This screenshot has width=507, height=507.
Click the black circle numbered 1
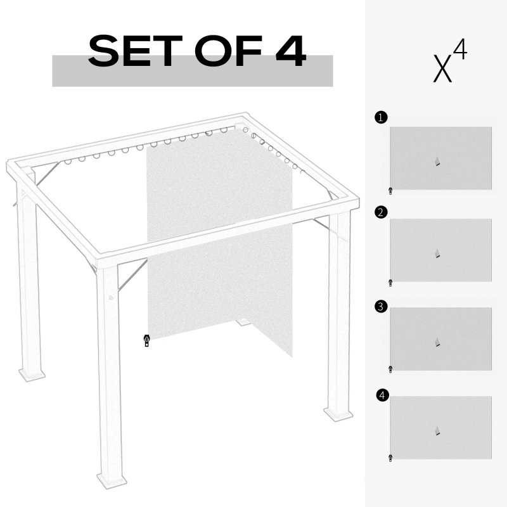point(380,117)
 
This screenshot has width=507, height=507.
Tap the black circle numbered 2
point(380,212)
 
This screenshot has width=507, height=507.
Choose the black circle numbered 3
point(380,307)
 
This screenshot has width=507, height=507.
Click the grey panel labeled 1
point(440,158)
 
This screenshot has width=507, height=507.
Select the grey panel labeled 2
point(440,250)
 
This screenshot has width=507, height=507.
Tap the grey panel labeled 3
point(440,339)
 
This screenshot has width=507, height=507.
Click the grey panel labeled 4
point(440,428)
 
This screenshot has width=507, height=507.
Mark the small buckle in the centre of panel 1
point(437,162)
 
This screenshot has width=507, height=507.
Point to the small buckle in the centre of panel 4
point(437,432)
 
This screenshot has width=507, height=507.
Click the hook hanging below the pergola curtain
point(146,341)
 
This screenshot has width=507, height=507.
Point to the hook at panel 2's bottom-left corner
point(390,283)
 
